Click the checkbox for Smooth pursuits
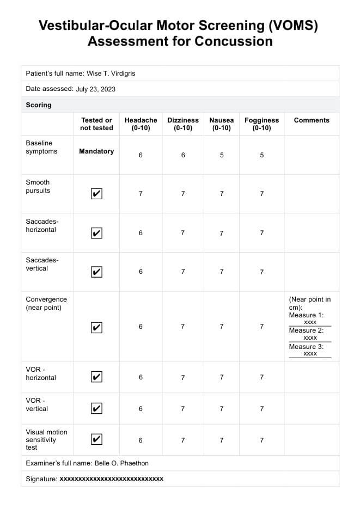pos(96,193)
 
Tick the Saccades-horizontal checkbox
pos(96,233)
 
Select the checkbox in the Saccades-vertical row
pos(96,272)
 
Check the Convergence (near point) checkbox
pos(96,327)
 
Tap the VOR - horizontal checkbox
pos(96,377)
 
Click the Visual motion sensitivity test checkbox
pos(96,439)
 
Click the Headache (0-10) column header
pos(141,124)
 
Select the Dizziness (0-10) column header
pos(183,124)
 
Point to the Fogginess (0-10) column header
pos(261,124)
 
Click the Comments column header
pos(312,120)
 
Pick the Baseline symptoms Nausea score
pos(222,155)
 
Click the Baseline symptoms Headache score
pos(141,155)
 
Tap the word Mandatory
pos(96,151)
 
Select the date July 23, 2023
pos(96,89)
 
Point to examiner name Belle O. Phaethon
pos(121,463)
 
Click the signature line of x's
pos(111,479)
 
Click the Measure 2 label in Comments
pos(306,330)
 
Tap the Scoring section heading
pos(39,105)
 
